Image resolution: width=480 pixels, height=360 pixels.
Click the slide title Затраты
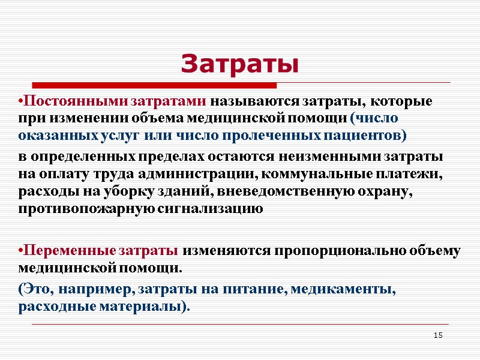(x=239, y=63)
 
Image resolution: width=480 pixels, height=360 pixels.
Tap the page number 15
(x=437, y=334)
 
